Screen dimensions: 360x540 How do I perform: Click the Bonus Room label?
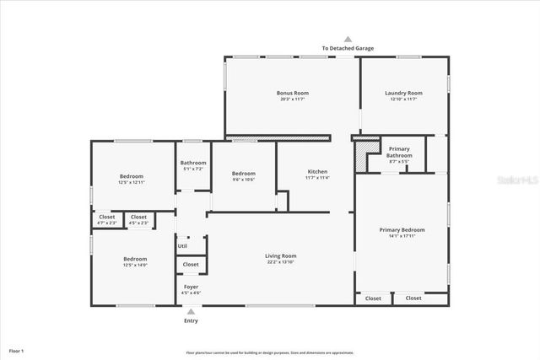click(x=293, y=93)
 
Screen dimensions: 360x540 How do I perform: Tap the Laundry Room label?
click(x=403, y=93)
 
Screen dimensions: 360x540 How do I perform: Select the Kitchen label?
click(x=316, y=172)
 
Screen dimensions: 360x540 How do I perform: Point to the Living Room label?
click(x=281, y=255)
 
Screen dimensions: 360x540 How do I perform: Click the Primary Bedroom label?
click(x=402, y=229)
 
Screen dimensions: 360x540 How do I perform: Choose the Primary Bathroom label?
click(x=399, y=152)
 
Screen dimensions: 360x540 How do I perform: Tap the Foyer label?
click(x=191, y=287)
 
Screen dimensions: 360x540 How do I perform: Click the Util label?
click(x=182, y=246)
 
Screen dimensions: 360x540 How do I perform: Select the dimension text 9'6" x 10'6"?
click(x=243, y=180)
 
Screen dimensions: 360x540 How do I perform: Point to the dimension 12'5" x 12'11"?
click(x=132, y=182)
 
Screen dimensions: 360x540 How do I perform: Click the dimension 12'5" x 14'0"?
click(x=135, y=265)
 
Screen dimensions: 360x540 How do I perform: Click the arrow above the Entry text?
click(x=191, y=312)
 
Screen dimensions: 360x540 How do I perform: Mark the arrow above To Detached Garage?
click(x=348, y=39)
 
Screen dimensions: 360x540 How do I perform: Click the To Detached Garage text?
click(x=348, y=48)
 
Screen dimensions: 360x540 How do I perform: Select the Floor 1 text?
click(x=16, y=350)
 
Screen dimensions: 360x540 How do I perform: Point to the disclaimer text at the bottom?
click(x=270, y=352)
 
